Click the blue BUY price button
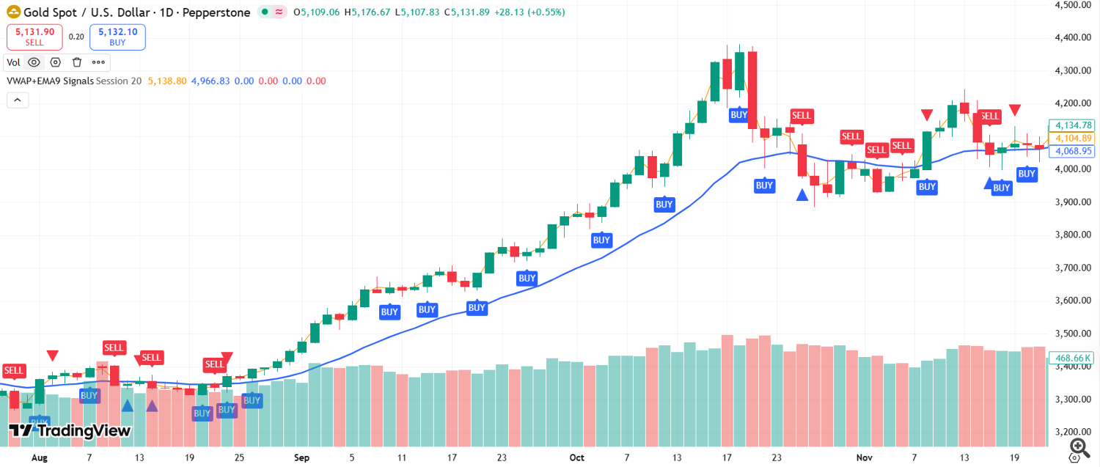point(117,37)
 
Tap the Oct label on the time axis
point(577,457)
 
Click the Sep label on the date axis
point(301,457)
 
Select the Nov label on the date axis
point(865,457)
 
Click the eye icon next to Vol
point(34,62)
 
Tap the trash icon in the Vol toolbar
point(77,62)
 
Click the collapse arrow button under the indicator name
point(18,100)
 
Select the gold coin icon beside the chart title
point(13,12)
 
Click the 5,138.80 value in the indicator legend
point(167,81)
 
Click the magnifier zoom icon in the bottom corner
point(1079,446)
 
